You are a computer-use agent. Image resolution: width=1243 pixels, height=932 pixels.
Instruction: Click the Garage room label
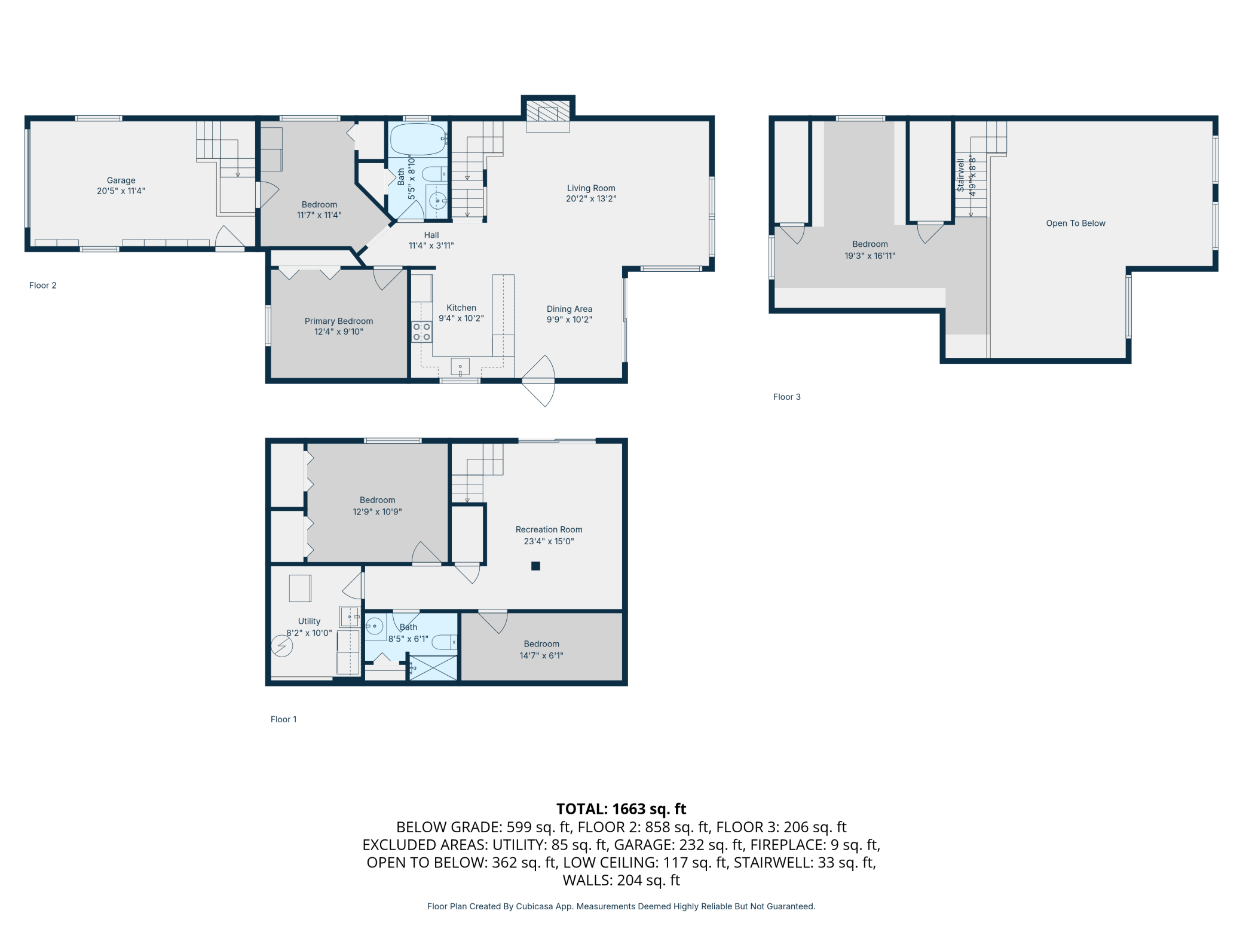[x=121, y=180]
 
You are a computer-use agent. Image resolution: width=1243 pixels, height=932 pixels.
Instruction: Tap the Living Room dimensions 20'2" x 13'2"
[x=591, y=199]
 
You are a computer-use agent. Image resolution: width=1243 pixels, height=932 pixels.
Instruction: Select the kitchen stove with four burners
[x=421, y=332]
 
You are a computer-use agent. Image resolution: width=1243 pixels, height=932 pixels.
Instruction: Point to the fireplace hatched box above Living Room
[x=548, y=114]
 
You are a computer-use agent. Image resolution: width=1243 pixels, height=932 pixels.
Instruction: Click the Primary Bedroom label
[x=339, y=321]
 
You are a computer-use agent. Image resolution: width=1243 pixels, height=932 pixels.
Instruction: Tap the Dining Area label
[x=570, y=309]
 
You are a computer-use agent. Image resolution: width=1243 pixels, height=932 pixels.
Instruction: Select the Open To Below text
[x=1076, y=223]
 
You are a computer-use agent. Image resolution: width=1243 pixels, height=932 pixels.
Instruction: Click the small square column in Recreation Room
[x=535, y=566]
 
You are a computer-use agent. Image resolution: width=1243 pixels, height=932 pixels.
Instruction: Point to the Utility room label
[x=309, y=621]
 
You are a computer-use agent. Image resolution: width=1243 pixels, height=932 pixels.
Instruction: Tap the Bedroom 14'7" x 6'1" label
[x=541, y=649]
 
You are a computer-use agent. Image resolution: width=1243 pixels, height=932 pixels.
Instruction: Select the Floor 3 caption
[x=786, y=397]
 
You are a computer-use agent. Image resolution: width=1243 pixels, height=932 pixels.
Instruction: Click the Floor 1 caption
[x=283, y=719]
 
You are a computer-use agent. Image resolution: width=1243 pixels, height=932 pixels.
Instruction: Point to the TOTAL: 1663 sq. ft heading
[x=621, y=809]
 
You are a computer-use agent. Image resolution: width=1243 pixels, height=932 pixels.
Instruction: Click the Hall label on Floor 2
[x=431, y=235]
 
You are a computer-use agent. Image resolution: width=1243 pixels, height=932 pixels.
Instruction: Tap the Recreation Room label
[x=549, y=529]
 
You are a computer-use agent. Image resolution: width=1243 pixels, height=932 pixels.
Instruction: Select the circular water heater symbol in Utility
[x=281, y=646]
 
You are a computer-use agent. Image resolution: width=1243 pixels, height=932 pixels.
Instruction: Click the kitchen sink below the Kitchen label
[x=460, y=367]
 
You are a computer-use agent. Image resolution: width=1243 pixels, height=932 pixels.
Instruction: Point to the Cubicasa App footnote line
[x=621, y=906]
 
